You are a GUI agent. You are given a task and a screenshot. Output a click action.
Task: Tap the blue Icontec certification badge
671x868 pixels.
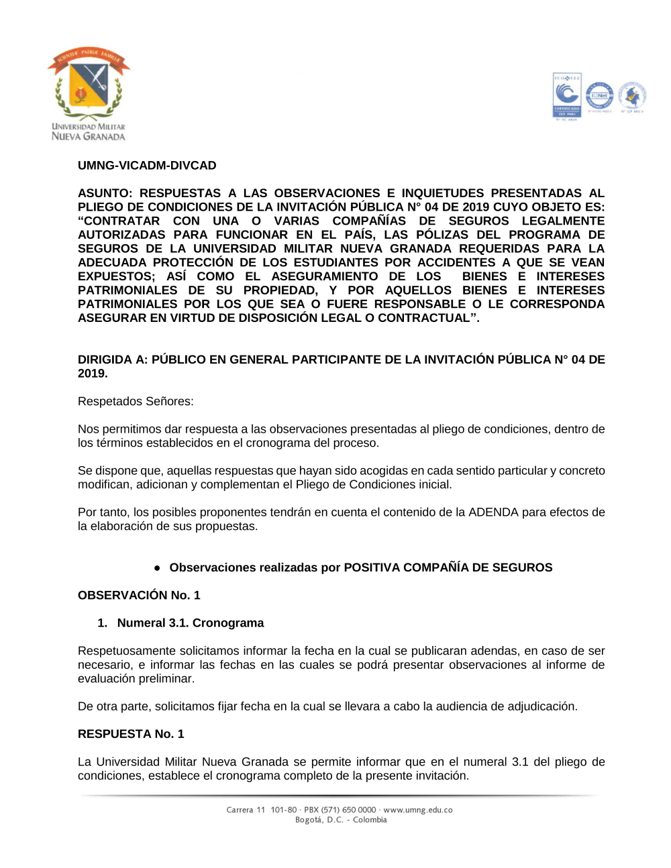click(567, 96)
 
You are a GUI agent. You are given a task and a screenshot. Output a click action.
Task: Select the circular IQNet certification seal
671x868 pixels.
click(599, 97)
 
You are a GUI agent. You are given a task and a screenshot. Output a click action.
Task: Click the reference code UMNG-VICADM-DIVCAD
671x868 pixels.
click(147, 166)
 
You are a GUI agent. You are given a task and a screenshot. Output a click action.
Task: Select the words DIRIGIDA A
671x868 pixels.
click(112, 360)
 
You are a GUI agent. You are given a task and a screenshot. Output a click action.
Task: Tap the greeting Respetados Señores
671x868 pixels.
click(136, 401)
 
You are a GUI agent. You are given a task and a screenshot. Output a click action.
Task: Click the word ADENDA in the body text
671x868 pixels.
click(493, 512)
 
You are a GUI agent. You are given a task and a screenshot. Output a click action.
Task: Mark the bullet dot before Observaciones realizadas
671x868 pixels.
click(158, 567)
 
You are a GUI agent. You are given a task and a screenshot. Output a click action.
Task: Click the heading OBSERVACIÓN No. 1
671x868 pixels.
click(139, 595)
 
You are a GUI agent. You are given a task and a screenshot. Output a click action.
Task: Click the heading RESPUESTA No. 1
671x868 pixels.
click(131, 734)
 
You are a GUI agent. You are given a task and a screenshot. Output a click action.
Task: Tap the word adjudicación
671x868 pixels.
click(543, 706)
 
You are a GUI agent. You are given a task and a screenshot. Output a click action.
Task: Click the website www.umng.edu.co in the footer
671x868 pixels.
click(417, 810)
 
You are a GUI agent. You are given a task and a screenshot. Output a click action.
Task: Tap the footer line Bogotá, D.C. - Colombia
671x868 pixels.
click(341, 820)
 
